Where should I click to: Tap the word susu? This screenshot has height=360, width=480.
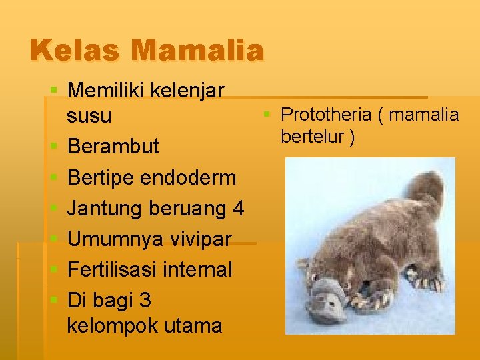tap(89, 116)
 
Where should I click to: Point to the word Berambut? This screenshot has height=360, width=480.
tap(113, 147)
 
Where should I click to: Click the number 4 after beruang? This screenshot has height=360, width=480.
tap(238, 209)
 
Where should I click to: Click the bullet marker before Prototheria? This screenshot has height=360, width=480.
tap(267, 115)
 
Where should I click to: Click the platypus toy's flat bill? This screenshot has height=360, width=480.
tap(323, 299)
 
